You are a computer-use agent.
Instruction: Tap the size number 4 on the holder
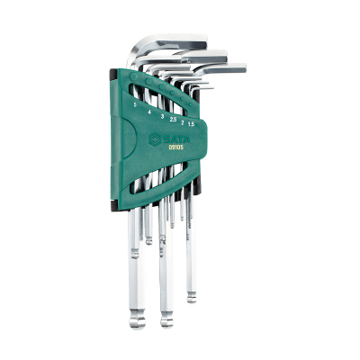coord(149,110)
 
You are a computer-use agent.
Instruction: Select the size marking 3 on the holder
coord(163,115)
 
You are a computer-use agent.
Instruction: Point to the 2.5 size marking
coord(174,119)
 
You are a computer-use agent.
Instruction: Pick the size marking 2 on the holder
coord(184,121)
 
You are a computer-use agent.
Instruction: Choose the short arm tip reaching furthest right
coord(243,67)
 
